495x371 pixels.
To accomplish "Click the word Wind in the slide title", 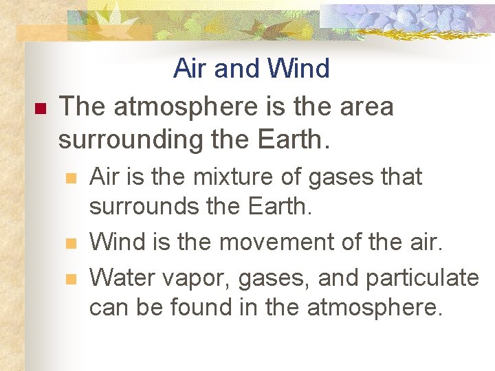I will tap(298, 69).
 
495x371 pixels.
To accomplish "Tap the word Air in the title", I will tap(190, 69).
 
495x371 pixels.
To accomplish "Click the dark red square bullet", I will tap(38, 109).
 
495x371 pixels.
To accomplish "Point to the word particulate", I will tap(422, 278).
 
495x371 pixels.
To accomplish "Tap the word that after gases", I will tap(399, 177).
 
